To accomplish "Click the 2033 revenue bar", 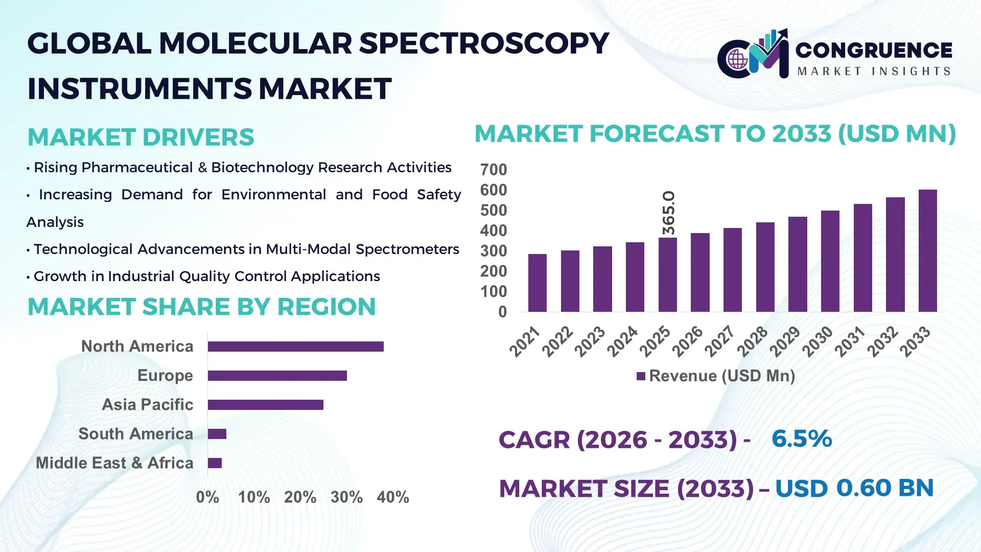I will click(927, 250).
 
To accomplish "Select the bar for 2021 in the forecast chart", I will click(537, 283).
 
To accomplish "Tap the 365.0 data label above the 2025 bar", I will click(668, 213).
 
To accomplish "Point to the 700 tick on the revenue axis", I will click(493, 170).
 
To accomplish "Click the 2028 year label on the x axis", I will click(752, 341).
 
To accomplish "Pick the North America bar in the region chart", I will click(295, 347).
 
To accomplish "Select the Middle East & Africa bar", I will click(215, 463).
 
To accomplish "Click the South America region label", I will click(135, 434).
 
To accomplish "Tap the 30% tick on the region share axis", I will click(346, 497).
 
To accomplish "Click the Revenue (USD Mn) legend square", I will click(641, 376).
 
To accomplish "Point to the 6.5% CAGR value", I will click(801, 439).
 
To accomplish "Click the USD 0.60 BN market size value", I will click(854, 488).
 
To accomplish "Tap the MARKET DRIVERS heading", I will click(141, 137).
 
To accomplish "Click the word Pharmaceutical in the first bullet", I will click(137, 168).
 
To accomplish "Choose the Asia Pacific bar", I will click(265, 405).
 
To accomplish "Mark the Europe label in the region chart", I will click(165, 376).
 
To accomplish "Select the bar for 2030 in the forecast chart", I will click(830, 261).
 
